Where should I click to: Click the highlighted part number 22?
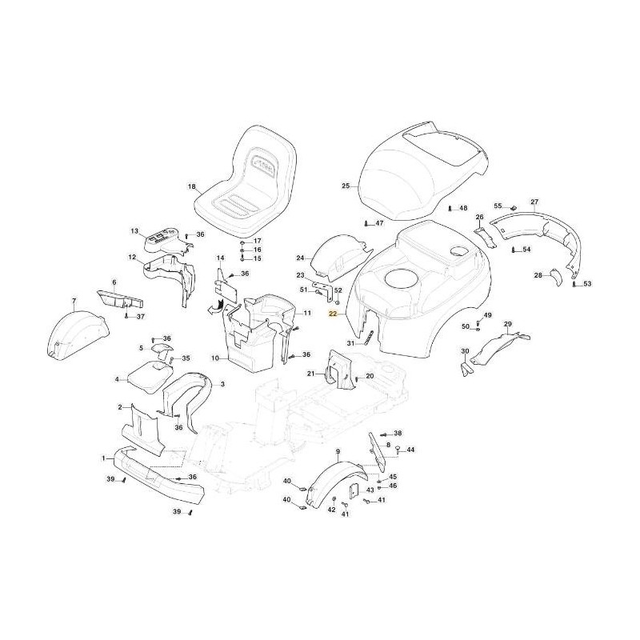pos(333,314)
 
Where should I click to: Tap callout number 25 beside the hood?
pos(346,186)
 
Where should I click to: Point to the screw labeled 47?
pos(366,223)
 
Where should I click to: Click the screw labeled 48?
pos(450,208)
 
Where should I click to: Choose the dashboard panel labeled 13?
pos(167,242)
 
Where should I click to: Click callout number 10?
pos(215,358)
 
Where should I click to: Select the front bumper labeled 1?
pos(158,474)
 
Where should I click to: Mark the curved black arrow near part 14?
pos(215,307)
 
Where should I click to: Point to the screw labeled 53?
pos(574,284)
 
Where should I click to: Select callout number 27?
pos(534,202)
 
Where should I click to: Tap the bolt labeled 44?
pos(398,450)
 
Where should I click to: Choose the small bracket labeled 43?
pos(354,490)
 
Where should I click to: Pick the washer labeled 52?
pos(338,302)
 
